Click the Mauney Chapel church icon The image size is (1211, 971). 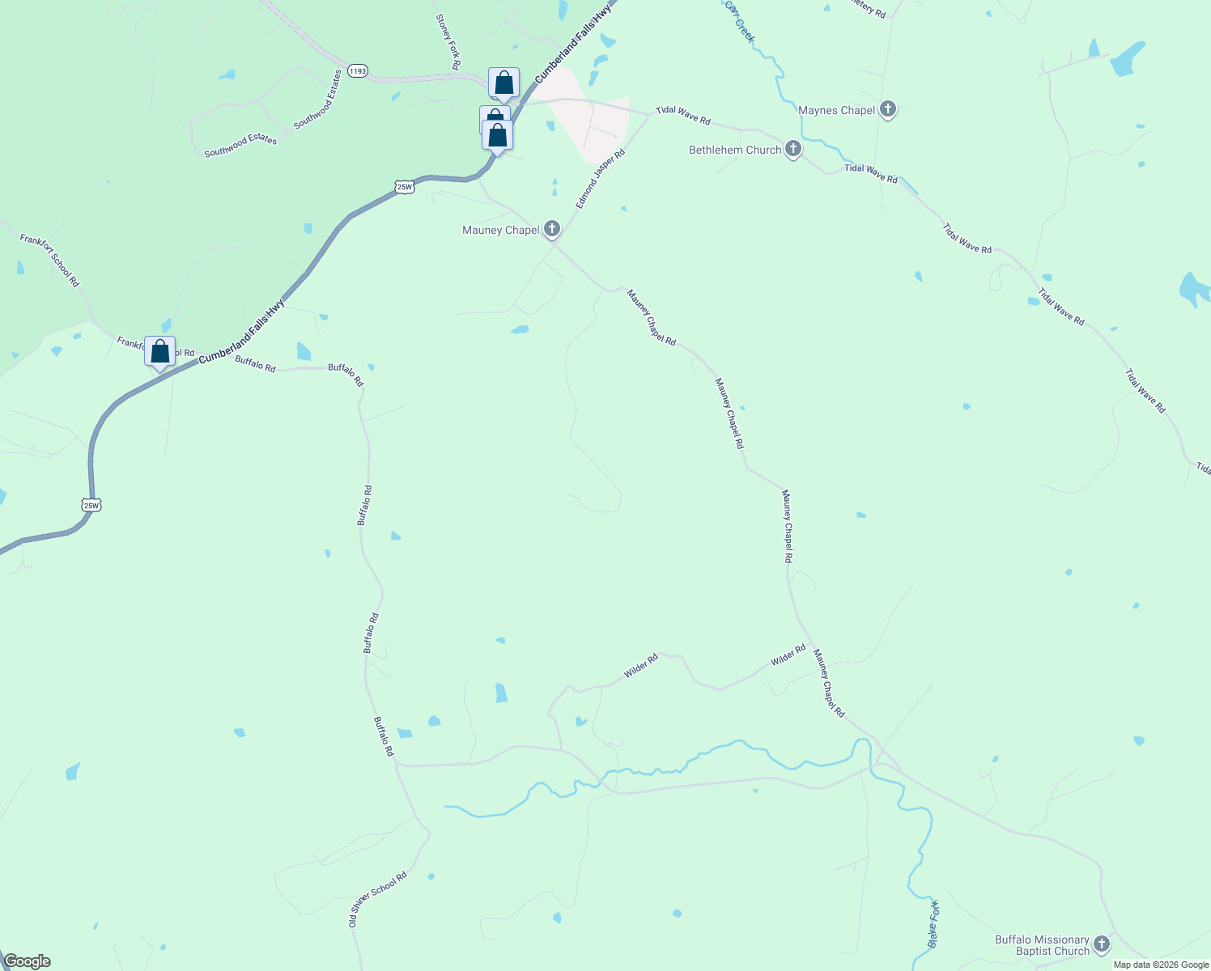[552, 229]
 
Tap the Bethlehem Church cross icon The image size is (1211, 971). [793, 149]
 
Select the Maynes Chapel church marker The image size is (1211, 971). [888, 109]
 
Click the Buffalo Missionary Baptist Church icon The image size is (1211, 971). [1101, 943]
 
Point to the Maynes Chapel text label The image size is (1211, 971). [836, 110]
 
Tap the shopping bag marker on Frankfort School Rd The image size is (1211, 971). [160, 352]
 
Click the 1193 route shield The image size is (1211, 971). [358, 71]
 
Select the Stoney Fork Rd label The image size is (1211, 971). [448, 41]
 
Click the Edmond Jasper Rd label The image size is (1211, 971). [601, 179]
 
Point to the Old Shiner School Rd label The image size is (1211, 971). [378, 899]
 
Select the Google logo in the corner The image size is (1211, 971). [27, 961]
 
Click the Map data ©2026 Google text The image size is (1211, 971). [1161, 965]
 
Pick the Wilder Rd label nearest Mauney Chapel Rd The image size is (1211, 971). [788, 655]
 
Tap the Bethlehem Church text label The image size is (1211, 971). [735, 150]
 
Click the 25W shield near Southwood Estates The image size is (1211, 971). [405, 187]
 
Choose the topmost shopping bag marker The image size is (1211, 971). [504, 83]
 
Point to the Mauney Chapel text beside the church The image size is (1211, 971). [500, 230]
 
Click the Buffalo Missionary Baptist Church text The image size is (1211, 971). [1042, 945]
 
